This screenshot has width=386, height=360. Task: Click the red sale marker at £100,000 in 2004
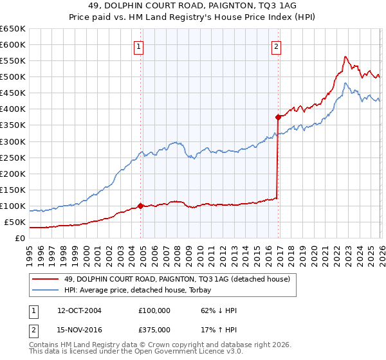click(140, 206)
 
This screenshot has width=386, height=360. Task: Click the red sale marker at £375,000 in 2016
click(278, 117)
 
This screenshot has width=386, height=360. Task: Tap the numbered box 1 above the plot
click(139, 46)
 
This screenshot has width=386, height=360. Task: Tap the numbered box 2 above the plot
click(276, 46)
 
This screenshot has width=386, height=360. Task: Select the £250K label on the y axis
click(13, 157)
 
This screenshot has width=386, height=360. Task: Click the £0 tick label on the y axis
click(19, 239)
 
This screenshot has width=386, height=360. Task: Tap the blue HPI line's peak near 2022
click(345, 83)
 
